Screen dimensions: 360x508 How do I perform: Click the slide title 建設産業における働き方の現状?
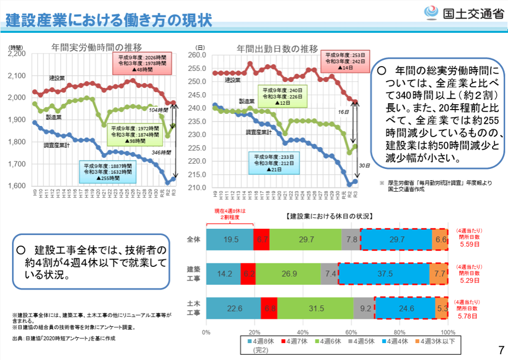(x=109, y=20)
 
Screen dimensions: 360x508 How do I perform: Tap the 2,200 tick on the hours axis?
(x=17, y=53)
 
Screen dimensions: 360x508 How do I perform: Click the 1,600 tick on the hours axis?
(x=17, y=186)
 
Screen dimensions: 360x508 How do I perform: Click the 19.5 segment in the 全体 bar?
(x=230, y=240)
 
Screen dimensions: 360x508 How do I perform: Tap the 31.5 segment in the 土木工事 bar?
(x=315, y=308)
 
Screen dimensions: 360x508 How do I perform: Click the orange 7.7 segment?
(x=440, y=274)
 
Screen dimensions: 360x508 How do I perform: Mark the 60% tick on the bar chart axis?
(x=351, y=331)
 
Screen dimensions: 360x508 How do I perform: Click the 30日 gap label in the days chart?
(x=364, y=165)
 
